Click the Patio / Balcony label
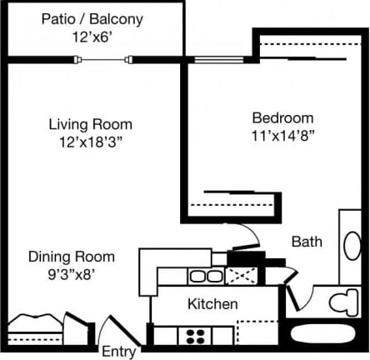pyautogui.click(x=91, y=18)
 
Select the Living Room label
pyautogui.click(x=90, y=124)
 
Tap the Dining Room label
pyautogui.click(x=72, y=256)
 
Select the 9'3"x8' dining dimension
pyautogui.click(x=72, y=272)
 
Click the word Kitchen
pyautogui.click(x=212, y=304)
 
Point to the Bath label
pyautogui.click(x=307, y=242)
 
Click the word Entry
pyautogui.click(x=118, y=351)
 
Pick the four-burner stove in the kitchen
pyautogui.click(x=198, y=336)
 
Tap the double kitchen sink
pyautogui.click(x=199, y=275)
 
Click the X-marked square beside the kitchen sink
pyautogui.click(x=239, y=277)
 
